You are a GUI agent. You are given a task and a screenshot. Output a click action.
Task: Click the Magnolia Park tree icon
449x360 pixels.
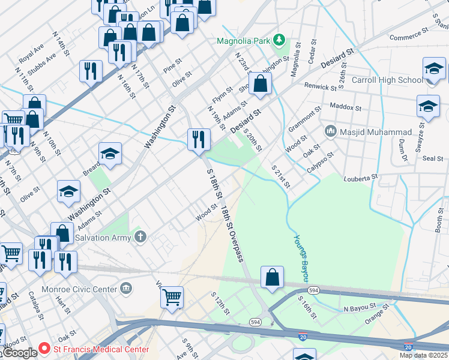[279, 40]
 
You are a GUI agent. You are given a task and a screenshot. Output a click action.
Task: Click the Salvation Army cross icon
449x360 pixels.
[140, 237]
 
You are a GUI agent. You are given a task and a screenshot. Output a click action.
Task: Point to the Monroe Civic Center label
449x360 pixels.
[88, 289]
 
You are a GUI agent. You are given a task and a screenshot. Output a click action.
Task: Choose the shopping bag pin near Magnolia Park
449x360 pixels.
[260, 84]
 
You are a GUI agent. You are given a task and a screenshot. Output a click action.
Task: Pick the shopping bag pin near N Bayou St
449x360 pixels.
[273, 278]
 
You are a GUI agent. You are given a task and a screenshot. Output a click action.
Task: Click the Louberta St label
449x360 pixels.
[360, 178]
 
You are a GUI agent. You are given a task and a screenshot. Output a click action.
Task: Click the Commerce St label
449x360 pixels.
[408, 37]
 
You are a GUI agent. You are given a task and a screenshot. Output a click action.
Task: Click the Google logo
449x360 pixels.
[19, 353]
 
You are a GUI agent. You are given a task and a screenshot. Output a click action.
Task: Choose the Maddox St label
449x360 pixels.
[346, 107]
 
